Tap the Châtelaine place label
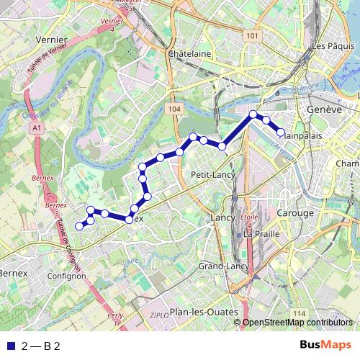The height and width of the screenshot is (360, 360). pos(189,54)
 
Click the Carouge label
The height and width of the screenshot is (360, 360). pos(296,213)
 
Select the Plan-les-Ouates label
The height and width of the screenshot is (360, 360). pos(204,312)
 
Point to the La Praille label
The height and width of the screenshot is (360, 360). pos(261,234)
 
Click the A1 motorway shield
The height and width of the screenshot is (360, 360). pos(37,127)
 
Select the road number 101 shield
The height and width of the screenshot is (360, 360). pos(251,36)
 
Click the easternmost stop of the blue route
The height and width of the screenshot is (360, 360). pos(281,131)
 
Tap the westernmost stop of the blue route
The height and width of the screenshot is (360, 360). pos(79,226)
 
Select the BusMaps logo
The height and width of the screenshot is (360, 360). pos(325,346)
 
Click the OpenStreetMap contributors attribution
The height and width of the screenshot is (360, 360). pos(297,323)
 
